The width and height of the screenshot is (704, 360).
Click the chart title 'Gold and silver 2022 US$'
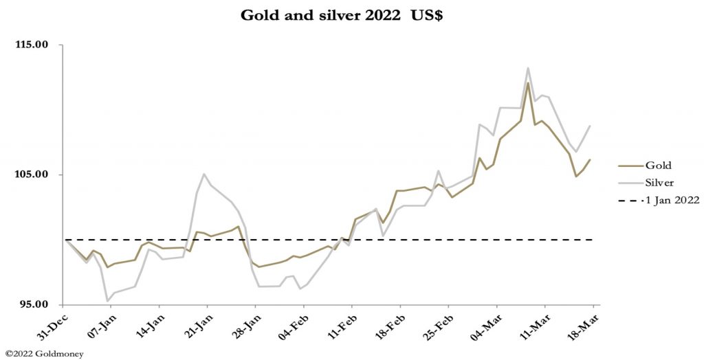342,16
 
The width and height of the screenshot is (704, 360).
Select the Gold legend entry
658,165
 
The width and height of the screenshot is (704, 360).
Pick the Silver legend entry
659,183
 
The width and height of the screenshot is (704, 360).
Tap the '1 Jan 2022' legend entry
672,201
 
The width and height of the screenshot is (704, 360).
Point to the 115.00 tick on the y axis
32,45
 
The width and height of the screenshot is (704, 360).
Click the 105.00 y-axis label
32,175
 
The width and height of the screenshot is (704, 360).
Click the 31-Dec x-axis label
52,324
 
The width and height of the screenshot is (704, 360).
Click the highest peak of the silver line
528,68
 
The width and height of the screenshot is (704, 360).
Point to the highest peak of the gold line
528,84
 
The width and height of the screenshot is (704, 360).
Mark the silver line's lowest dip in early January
107,301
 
